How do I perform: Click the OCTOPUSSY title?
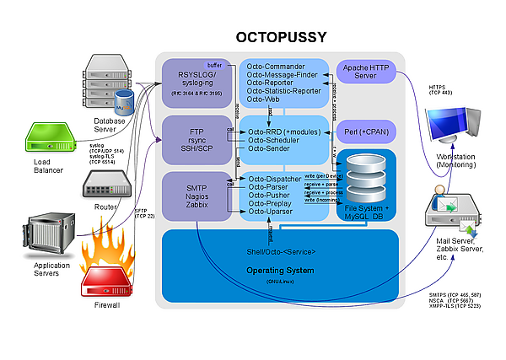click(x=280, y=37)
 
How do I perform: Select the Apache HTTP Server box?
click(x=366, y=72)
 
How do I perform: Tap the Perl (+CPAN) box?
click(x=366, y=132)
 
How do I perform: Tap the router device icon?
click(x=105, y=182)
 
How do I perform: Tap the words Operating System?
click(x=279, y=270)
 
